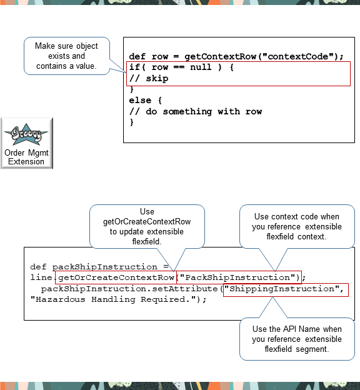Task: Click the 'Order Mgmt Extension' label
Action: pyautogui.click(x=26, y=157)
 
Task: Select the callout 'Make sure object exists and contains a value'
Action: pyautogui.click(x=66, y=56)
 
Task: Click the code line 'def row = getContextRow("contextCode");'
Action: pyautogui.click(x=236, y=56)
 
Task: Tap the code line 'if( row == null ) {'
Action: pyautogui.click(x=181, y=67)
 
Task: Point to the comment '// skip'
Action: pyautogui.click(x=149, y=79)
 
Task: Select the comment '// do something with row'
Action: pyautogui.click(x=195, y=112)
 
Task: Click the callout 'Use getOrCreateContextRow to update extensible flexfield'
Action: pyautogui.click(x=147, y=226)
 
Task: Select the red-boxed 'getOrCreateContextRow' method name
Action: pyautogui.click(x=116, y=277)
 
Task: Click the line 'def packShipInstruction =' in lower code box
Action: pyautogui.click(x=99, y=267)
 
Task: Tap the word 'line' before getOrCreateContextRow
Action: pyautogui.click(x=41, y=277)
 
